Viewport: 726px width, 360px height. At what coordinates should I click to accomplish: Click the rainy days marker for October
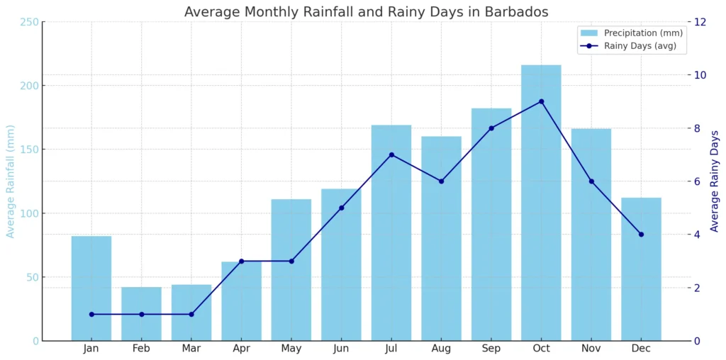click(541, 101)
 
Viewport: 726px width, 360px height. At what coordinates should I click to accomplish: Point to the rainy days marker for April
click(241, 261)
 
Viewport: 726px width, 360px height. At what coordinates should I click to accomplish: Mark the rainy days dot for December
click(641, 234)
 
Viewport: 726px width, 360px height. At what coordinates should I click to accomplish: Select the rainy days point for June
click(341, 208)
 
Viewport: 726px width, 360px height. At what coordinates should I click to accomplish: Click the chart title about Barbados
click(366, 11)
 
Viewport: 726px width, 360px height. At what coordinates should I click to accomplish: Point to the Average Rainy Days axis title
click(714, 181)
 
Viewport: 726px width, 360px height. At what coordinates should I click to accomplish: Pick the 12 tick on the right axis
click(700, 22)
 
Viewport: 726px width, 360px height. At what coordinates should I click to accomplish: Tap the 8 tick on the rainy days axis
click(698, 128)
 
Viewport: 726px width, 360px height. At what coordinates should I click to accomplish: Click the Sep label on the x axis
click(491, 349)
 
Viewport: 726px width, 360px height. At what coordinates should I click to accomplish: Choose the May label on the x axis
click(291, 349)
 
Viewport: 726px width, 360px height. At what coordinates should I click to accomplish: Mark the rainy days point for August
click(441, 181)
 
